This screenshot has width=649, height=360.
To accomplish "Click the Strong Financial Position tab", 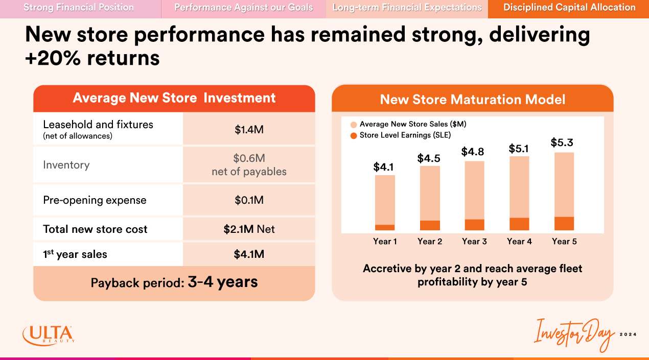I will coord(79,8).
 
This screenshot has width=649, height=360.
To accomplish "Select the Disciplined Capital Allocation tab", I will coord(569,8).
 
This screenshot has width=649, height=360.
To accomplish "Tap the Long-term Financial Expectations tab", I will coord(407,8).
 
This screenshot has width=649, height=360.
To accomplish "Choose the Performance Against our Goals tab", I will coord(244,8).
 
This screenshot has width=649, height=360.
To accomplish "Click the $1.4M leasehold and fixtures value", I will coord(249,130).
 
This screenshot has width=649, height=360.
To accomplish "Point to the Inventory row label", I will coord(66,165).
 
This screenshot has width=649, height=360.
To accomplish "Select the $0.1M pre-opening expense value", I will coord(249,200).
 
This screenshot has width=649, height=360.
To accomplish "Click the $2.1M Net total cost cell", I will coord(249,229).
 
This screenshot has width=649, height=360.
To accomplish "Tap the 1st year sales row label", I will coord(75,254).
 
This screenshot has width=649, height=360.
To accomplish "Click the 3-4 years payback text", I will coord(222,282).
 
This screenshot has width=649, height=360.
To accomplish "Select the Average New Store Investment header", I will coord(174,98).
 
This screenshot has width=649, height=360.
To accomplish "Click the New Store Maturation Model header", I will coord(473,100).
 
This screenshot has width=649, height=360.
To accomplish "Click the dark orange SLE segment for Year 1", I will coord(385,227).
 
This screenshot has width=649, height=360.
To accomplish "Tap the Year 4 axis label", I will coord(519,242).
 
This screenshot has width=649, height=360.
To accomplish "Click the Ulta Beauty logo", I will coord(49,335).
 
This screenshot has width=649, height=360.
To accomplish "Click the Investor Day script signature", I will coord(573,335).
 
